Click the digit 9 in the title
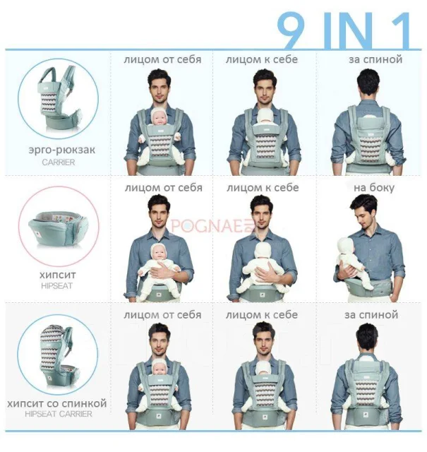coord(291,30)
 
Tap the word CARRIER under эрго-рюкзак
coord(59,162)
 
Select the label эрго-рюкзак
coord(61,150)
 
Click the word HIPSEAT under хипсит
coord(56,286)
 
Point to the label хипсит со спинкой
coord(57,403)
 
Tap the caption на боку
coord(374,188)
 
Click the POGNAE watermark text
coord(210,226)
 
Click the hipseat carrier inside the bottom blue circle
coord(56,357)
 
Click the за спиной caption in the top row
coord(375,59)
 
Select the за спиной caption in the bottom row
coord(371,314)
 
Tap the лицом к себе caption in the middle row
coord(263,188)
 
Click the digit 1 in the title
coord(399,30)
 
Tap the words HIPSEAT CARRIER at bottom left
coord(59,414)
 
